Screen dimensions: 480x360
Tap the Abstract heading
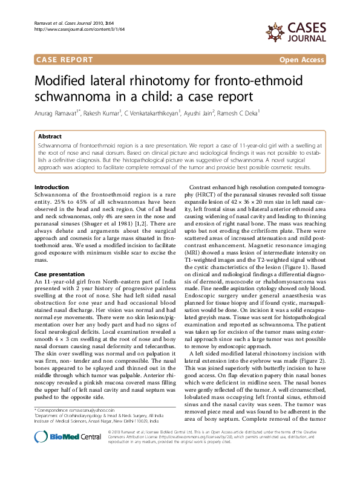pos(50,137)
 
